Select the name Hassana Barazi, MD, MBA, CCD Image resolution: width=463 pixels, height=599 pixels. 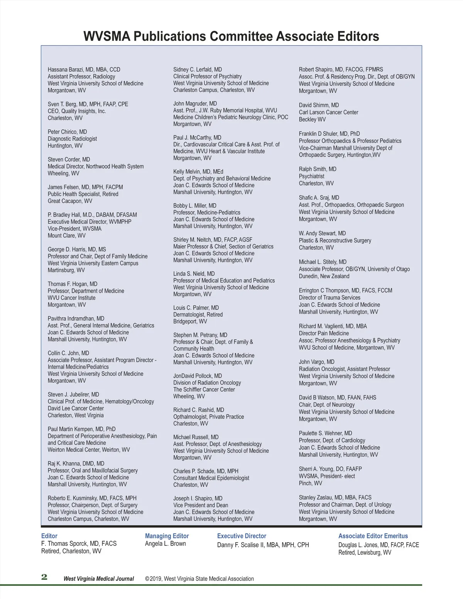pyautogui.click(x=84, y=70)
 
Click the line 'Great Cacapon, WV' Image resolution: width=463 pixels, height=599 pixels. pyautogui.click(x=70, y=201)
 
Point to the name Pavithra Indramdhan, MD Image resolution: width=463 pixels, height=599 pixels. pyautogui.click(x=76, y=319)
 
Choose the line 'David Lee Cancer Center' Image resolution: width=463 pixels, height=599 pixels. pyautogui.click(x=76, y=408)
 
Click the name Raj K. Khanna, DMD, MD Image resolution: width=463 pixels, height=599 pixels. pyautogui.click(x=76, y=464)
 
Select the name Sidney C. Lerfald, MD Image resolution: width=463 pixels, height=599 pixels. pyautogui.click(x=198, y=69)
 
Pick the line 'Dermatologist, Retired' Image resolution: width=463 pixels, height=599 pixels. pyautogui.click(x=198, y=314)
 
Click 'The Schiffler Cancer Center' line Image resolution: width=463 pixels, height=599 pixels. pyautogui.click(x=204, y=390)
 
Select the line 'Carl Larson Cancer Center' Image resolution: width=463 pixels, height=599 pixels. pyautogui.click(x=328, y=112)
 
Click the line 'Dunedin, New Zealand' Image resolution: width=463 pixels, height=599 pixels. pyautogui.click(x=324, y=276)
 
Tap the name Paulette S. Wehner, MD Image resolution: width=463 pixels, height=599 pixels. pyautogui.click(x=325, y=433)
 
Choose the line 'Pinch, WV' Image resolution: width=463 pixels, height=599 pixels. pyautogui.click(x=310, y=483)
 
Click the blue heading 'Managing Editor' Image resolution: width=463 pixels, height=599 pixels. pyautogui.click(x=167, y=536)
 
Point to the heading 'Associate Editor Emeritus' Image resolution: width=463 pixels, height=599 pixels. pyautogui.click(x=373, y=536)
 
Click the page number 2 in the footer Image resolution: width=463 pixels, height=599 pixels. pyautogui.click(x=44, y=577)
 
